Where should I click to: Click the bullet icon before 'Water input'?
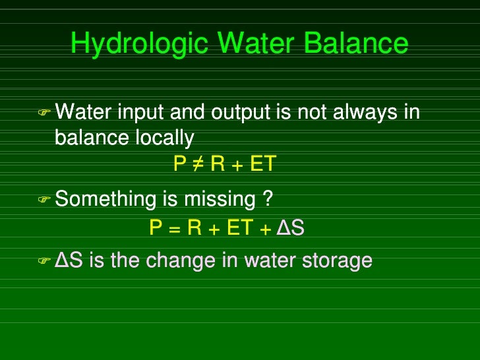pos(44,113)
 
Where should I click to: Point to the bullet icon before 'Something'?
pos(44,199)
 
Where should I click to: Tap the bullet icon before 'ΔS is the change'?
pos(44,261)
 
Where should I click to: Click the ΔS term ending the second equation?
pos(290,227)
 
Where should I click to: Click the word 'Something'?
pos(104,199)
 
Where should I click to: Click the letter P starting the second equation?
pos(156,227)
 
